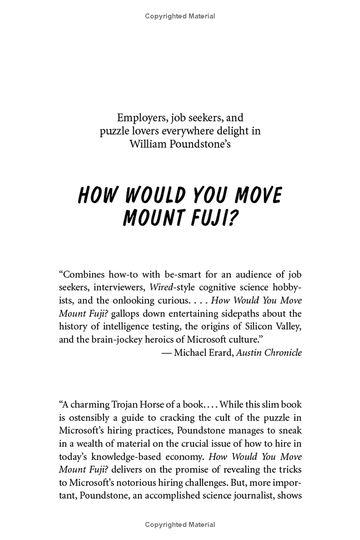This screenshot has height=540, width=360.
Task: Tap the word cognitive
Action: (x=202, y=287)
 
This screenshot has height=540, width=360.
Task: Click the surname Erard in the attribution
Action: (x=219, y=352)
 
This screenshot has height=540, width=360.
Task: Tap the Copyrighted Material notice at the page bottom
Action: (x=180, y=524)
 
